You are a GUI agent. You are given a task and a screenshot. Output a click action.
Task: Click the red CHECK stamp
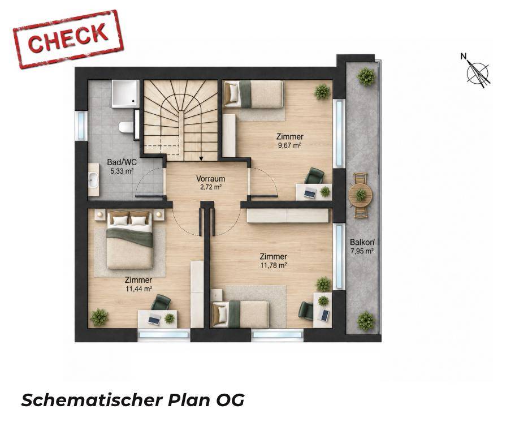(68, 39)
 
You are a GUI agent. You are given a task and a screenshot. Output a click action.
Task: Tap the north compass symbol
(476, 71)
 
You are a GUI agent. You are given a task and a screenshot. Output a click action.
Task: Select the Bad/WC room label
(122, 162)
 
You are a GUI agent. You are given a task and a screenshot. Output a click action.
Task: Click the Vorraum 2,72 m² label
(211, 183)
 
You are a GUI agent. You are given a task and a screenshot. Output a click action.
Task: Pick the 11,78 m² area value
(274, 265)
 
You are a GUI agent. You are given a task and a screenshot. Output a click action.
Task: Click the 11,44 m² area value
(139, 289)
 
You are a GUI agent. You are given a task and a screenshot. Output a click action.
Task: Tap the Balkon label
(362, 242)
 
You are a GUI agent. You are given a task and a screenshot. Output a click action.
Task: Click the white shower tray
(125, 94)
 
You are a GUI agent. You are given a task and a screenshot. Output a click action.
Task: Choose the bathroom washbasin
(93, 179)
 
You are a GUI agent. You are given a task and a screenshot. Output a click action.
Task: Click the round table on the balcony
(361, 195)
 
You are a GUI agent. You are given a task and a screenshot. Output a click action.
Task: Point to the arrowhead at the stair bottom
(201, 158)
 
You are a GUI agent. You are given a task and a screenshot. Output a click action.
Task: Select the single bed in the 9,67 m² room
(254, 94)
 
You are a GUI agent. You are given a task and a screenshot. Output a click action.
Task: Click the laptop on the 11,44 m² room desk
(154, 319)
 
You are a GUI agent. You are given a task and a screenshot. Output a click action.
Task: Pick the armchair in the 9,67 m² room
(315, 176)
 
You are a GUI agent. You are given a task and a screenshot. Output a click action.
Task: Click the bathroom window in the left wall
(81, 126)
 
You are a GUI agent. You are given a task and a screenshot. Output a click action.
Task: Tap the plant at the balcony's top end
(366, 77)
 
